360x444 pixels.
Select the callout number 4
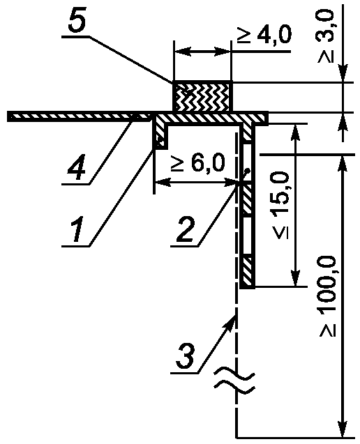click(x=76, y=169)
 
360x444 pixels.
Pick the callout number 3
click(x=186, y=356)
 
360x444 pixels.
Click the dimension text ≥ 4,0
click(x=264, y=35)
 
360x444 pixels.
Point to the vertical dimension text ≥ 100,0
click(x=328, y=296)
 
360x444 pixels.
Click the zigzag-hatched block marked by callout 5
click(x=203, y=96)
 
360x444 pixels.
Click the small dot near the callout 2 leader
click(x=248, y=171)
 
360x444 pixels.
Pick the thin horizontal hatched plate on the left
click(x=79, y=116)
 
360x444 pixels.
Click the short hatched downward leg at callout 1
click(x=160, y=135)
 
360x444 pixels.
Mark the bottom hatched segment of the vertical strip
click(x=248, y=272)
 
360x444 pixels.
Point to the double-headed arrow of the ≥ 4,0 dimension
click(x=203, y=52)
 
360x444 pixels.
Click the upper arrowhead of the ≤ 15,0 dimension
click(x=296, y=132)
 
